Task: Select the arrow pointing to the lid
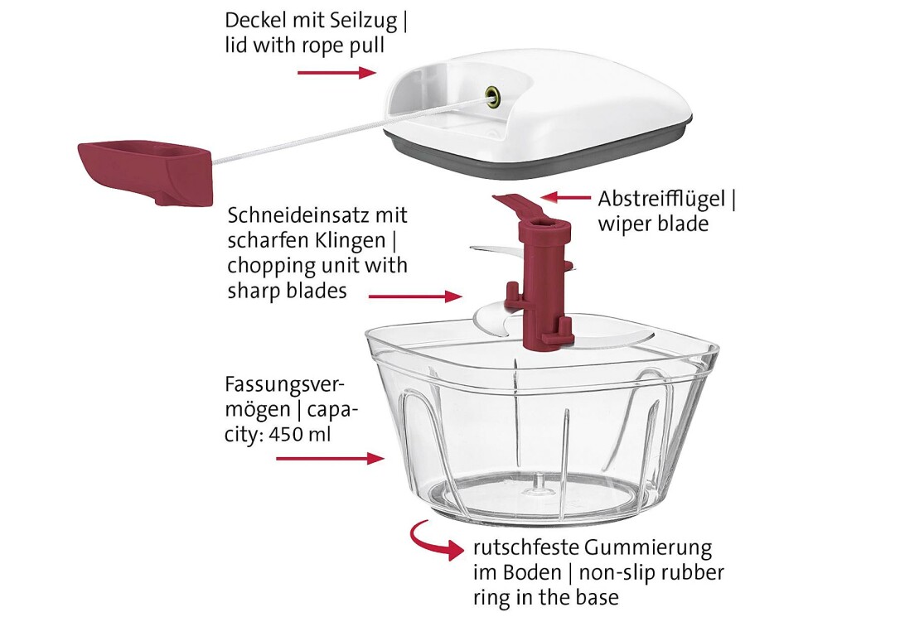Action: (x=337, y=72)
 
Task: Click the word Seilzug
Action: (x=364, y=22)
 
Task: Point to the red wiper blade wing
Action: (x=517, y=205)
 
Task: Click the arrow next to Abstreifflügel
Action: (x=566, y=198)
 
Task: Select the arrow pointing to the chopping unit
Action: (x=415, y=296)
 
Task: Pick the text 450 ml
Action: (x=300, y=434)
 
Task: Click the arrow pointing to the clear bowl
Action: (x=330, y=458)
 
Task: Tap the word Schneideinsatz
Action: (x=301, y=215)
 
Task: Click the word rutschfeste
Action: (x=525, y=547)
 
